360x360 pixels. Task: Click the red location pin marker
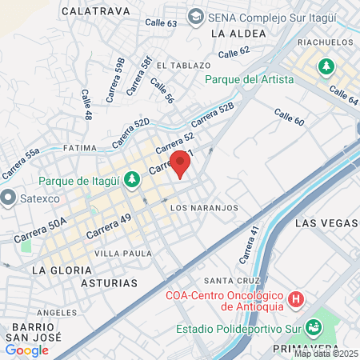(181, 163)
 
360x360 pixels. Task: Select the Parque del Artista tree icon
(326, 66)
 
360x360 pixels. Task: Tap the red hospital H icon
(296, 299)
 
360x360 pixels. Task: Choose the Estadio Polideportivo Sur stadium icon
(314, 326)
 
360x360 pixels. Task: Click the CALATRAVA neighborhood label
(96, 11)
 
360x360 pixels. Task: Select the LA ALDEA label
(234, 34)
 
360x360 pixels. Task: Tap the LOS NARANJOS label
(205, 207)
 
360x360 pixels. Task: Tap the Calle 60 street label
(290, 117)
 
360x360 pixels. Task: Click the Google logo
(26, 350)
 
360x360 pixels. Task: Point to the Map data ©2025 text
(326, 354)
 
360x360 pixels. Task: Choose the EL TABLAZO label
(183, 65)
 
